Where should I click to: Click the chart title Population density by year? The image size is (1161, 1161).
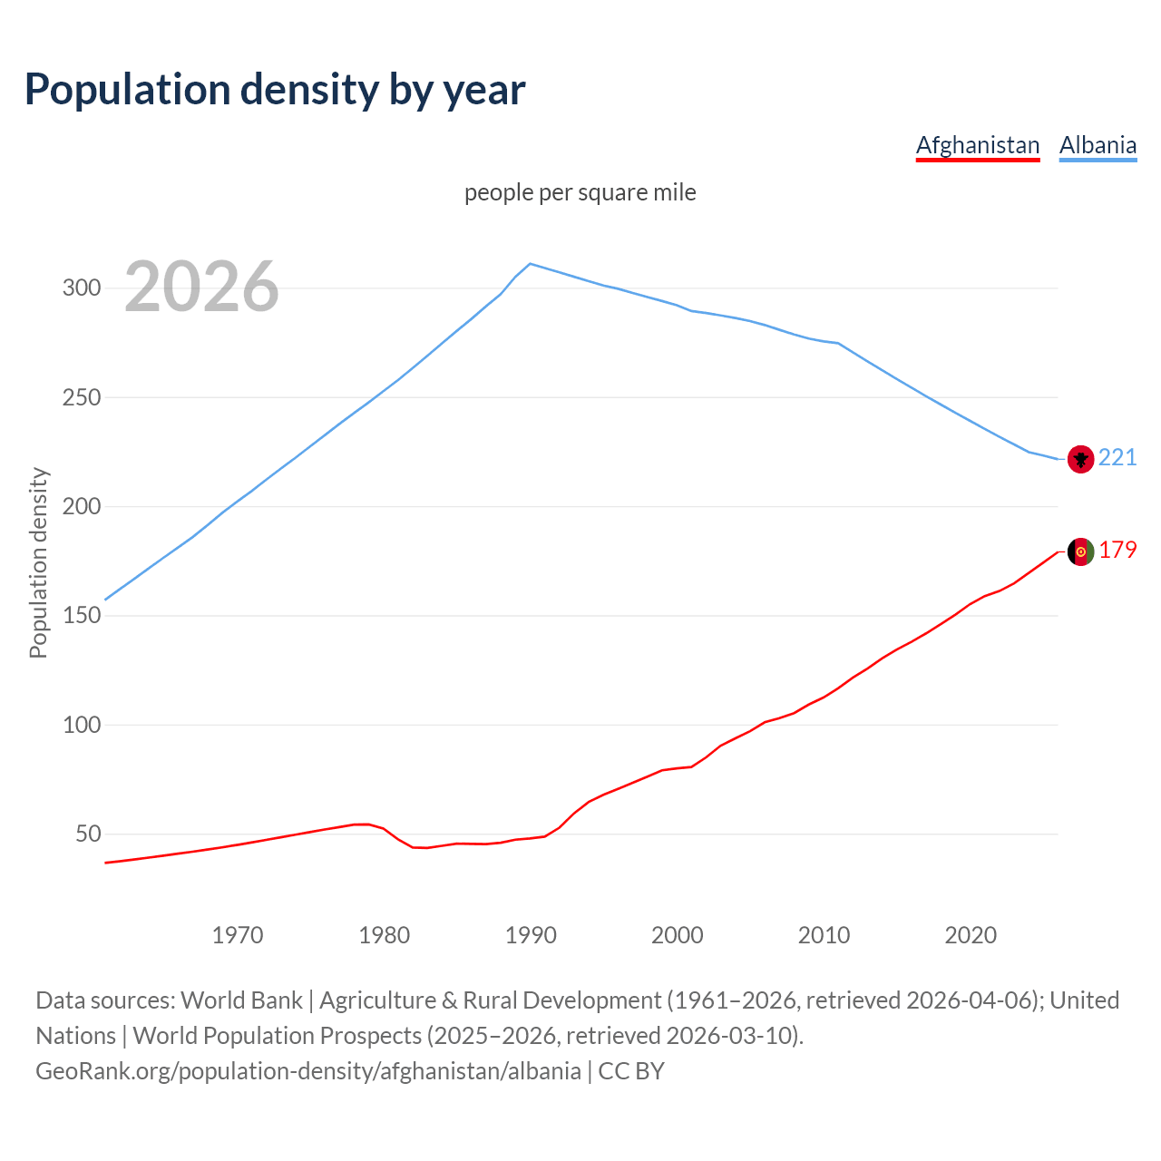tap(275, 89)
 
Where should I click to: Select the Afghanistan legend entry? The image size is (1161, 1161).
tap(977, 145)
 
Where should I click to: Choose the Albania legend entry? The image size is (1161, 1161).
tap(1098, 145)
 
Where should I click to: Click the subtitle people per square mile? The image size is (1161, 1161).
tap(580, 192)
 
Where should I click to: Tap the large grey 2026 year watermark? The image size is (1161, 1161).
tap(201, 288)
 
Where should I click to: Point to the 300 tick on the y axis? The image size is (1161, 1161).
tap(81, 288)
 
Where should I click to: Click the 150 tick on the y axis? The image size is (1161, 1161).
tap(81, 616)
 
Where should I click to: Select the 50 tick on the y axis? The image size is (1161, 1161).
tap(87, 834)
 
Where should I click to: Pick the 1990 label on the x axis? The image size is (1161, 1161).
tap(531, 935)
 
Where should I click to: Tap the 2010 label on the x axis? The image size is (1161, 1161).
tap(824, 935)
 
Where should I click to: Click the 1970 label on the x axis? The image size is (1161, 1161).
tap(238, 935)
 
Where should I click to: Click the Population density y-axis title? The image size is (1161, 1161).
tap(38, 562)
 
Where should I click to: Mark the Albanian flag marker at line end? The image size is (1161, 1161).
tap(1080, 459)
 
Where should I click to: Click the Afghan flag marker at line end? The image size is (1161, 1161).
tap(1080, 551)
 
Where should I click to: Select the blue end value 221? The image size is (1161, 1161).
tap(1117, 457)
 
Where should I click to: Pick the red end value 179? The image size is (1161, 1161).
tap(1117, 551)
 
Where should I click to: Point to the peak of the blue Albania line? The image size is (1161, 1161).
tap(531, 264)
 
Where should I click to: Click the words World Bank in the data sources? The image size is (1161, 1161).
tap(241, 1000)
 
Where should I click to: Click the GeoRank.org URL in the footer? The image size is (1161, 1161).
tap(308, 1071)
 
